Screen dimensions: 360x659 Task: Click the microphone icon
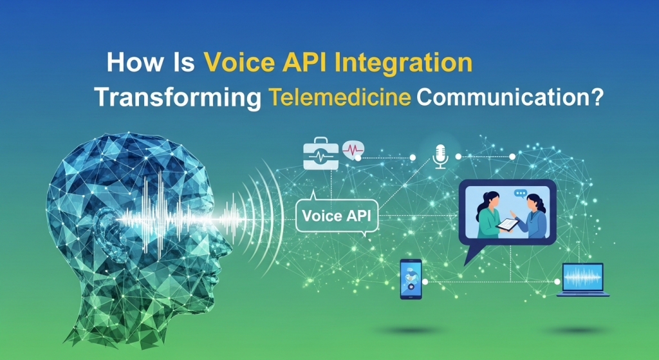click(x=440, y=156)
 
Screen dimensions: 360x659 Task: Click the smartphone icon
click(x=411, y=279)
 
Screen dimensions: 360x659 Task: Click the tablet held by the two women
click(x=508, y=225)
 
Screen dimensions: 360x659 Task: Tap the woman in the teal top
click(x=488, y=216)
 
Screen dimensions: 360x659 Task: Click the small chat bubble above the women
click(x=520, y=193)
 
